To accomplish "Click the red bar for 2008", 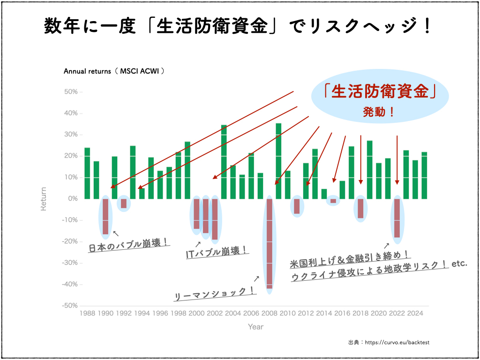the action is coord(270,244).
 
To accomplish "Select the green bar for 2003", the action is coord(224,162).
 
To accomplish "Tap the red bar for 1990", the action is coord(105,217).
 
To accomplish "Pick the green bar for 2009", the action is coord(278,161).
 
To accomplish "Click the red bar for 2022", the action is coord(397,218).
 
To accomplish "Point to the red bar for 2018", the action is coord(360,209).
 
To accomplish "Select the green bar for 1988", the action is coord(87,173).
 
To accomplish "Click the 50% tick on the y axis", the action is coord(81,92).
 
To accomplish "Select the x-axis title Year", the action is coord(255,327).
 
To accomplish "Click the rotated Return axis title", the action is coord(44,199).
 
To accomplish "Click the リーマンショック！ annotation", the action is coord(215,293).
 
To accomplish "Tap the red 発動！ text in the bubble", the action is coord(379,112).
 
